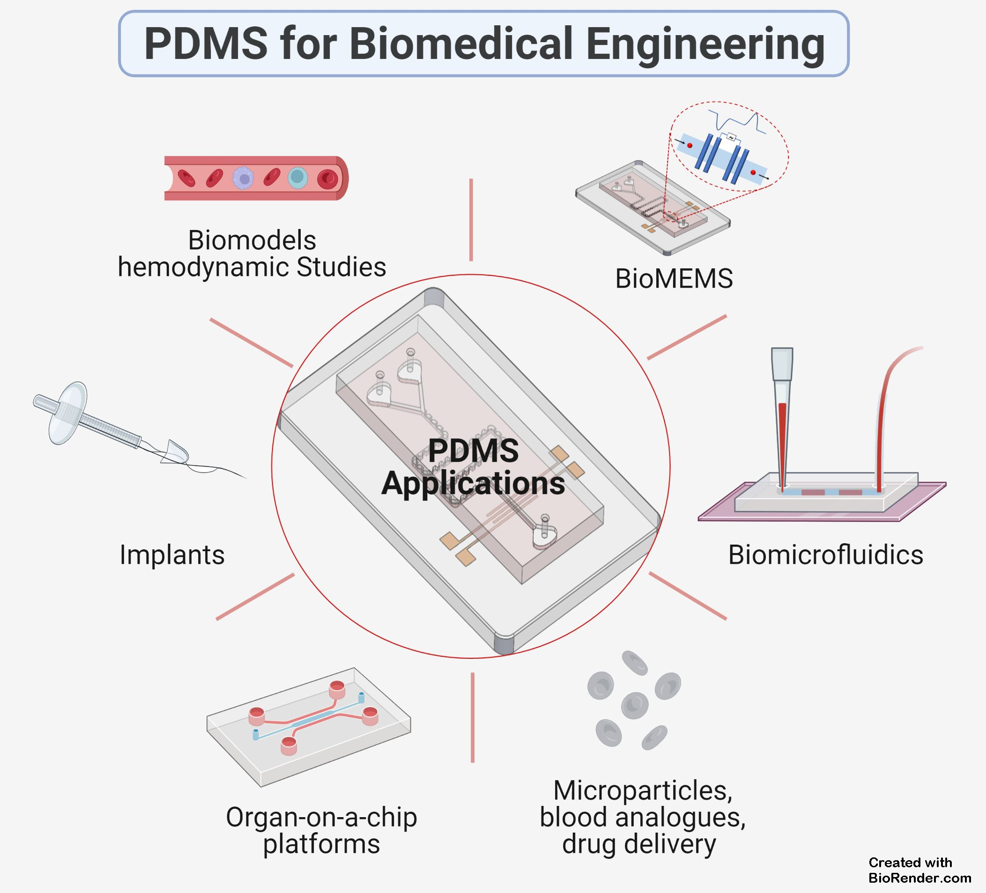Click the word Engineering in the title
pos(705,44)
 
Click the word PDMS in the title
pos(206,44)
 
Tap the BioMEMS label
pos(674,279)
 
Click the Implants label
pos(171,555)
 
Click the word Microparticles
pos(642,790)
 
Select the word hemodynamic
pos(202,267)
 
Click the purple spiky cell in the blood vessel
pos(243,178)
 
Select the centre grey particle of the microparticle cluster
pos(634,705)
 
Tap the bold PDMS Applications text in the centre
pos(473,467)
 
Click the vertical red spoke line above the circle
pos(471,220)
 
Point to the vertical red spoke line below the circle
pos(473,717)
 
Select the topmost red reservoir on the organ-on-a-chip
pos(337,690)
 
